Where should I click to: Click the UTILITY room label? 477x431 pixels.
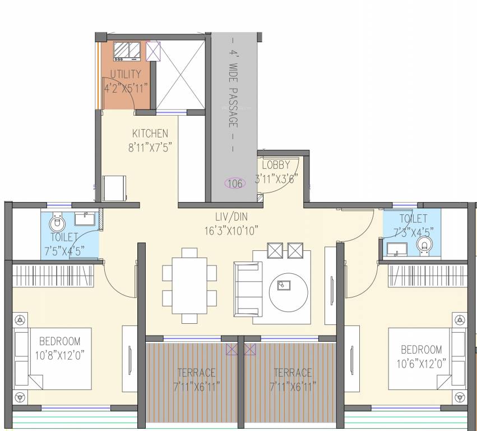tap(126, 74)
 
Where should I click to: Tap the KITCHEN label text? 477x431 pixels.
tap(150, 134)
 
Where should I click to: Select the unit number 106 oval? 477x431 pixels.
tap(234, 183)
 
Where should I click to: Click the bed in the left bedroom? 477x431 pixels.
tap(53, 359)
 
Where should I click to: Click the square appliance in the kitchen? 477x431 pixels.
tap(114, 188)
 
